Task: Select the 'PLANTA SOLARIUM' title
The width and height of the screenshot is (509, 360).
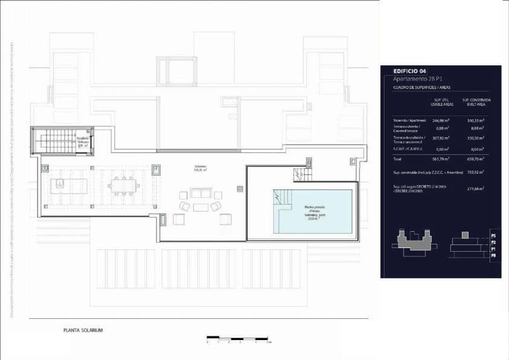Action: coord(83,330)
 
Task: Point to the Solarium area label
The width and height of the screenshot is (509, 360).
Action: coord(200,168)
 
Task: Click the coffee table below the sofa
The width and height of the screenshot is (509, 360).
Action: coord(201,208)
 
